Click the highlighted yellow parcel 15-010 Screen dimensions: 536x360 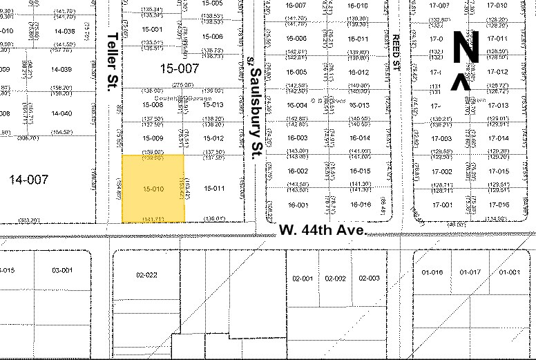(x=153, y=189)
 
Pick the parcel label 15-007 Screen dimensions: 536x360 (x=179, y=68)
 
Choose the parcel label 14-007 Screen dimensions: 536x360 (x=29, y=180)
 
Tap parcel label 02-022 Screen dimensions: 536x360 (x=147, y=275)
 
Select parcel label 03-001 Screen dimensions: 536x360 (x=62, y=270)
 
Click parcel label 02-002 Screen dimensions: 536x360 (x=336, y=278)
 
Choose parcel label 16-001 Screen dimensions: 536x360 (x=297, y=205)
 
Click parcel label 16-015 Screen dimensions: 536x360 (x=360, y=171)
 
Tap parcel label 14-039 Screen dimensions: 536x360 (x=61, y=70)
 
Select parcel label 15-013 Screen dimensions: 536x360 (x=213, y=104)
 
